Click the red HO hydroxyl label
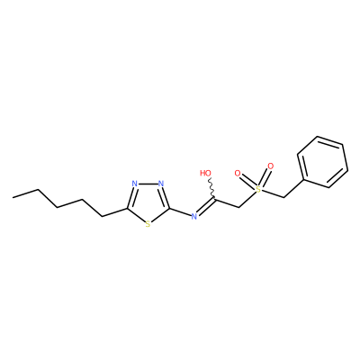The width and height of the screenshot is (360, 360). point(206,173)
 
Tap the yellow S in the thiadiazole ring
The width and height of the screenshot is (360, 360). point(148,224)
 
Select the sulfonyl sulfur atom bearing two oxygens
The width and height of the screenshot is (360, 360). point(257,189)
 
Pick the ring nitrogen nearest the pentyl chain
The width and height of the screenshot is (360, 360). point(135,184)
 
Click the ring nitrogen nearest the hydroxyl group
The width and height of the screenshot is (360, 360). point(161,184)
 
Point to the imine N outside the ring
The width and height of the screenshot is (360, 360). point(194,216)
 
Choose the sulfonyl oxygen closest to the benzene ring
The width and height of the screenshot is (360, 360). point(271,166)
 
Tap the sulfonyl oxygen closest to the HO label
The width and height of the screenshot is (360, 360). point(238,173)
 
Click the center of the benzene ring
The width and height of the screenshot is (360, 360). point(322,162)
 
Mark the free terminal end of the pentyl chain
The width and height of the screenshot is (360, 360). point(13,197)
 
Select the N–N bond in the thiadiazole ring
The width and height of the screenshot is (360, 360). point(148,184)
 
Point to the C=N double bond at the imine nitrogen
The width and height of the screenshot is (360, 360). point(206,206)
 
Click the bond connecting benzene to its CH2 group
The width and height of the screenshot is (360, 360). point(294,189)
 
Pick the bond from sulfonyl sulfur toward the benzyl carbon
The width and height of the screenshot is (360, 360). point(272,193)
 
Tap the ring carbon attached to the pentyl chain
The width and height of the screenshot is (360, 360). point(127,209)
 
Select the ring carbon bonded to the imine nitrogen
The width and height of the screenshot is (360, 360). point(169,209)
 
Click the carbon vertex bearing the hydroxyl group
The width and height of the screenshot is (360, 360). point(214,198)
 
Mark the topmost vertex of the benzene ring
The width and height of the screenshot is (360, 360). point(317,137)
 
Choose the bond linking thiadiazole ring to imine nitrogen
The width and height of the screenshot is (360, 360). point(180,212)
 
